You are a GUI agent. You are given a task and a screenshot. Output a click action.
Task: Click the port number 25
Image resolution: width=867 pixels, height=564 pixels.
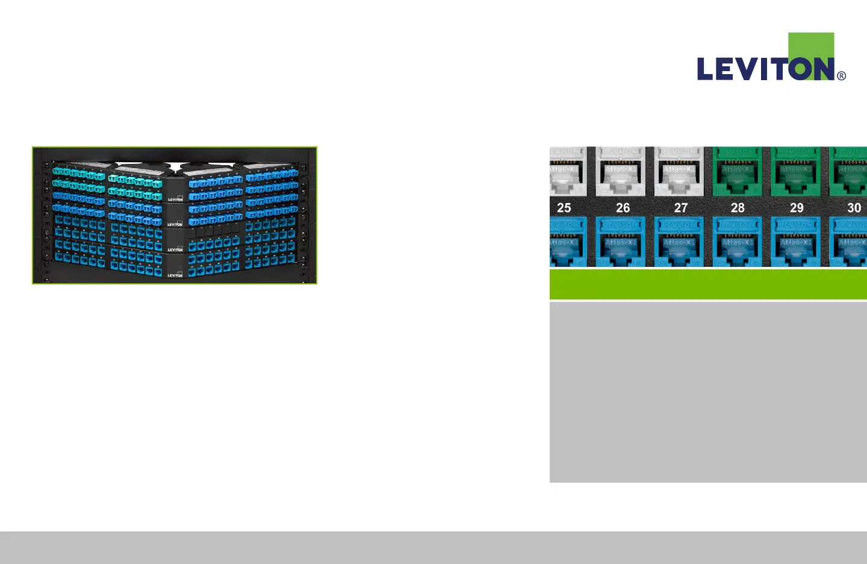(564, 208)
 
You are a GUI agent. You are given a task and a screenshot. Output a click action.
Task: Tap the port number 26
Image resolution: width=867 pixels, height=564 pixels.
(623, 208)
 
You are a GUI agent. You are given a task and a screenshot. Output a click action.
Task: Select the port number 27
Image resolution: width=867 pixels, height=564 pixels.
(681, 208)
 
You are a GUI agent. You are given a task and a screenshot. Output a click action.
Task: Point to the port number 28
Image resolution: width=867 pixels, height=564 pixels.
(738, 208)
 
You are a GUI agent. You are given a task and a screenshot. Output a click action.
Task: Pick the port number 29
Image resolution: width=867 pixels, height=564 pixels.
(797, 208)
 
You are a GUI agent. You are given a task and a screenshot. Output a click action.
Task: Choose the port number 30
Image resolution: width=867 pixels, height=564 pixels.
(854, 208)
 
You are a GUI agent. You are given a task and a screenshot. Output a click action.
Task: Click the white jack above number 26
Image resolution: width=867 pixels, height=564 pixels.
(621, 172)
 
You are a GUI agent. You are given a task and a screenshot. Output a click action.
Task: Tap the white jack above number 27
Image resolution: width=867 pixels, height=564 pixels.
(679, 172)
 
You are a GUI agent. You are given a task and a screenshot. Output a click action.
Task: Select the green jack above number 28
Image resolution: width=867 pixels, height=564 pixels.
(737, 172)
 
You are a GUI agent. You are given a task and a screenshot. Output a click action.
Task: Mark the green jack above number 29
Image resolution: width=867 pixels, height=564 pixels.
(795, 172)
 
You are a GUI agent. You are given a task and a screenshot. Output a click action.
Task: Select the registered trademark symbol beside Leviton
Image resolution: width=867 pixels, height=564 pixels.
(842, 76)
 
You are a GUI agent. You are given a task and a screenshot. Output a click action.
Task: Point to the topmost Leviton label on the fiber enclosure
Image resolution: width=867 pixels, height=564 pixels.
(175, 198)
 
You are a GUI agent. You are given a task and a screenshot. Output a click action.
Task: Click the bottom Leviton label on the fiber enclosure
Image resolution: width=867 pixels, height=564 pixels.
(175, 275)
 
